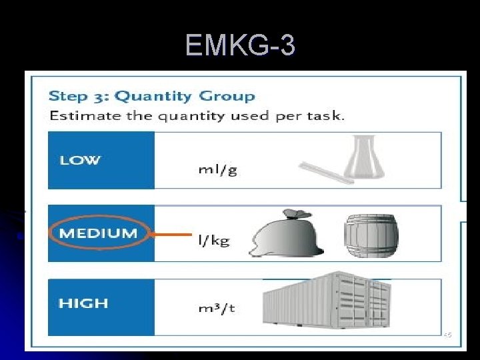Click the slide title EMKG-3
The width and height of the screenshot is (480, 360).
[240, 46]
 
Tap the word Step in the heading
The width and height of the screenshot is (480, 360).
[70, 96]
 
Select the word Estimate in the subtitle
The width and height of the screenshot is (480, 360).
[79, 115]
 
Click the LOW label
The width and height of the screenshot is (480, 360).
[80, 160]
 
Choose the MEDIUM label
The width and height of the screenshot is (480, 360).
[98, 233]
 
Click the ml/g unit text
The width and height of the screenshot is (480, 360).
[217, 169]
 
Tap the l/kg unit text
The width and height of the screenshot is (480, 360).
[213, 240]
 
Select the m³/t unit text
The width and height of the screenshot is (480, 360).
[216, 309]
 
